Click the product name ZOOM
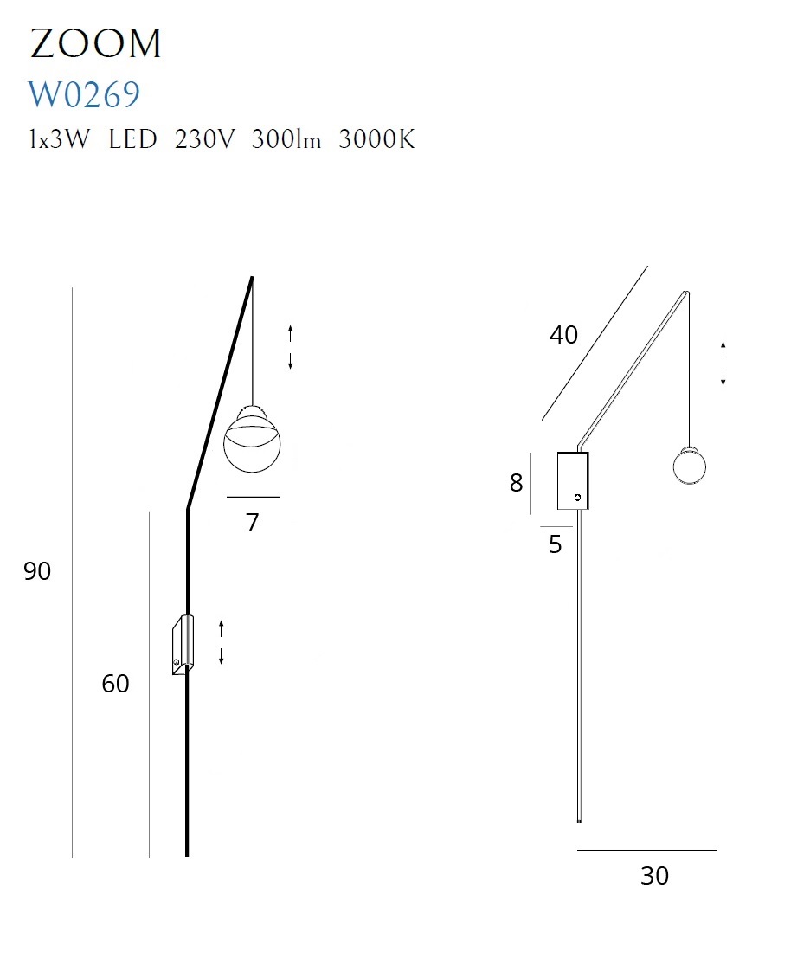(x=95, y=43)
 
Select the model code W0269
(x=84, y=95)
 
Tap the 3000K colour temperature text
(x=376, y=139)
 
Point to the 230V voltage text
(x=204, y=139)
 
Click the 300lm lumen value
(x=286, y=139)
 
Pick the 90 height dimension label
(x=37, y=571)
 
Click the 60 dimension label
(x=115, y=684)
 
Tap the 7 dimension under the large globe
(x=252, y=523)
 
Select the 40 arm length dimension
(x=563, y=336)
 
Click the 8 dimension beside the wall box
(x=517, y=483)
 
